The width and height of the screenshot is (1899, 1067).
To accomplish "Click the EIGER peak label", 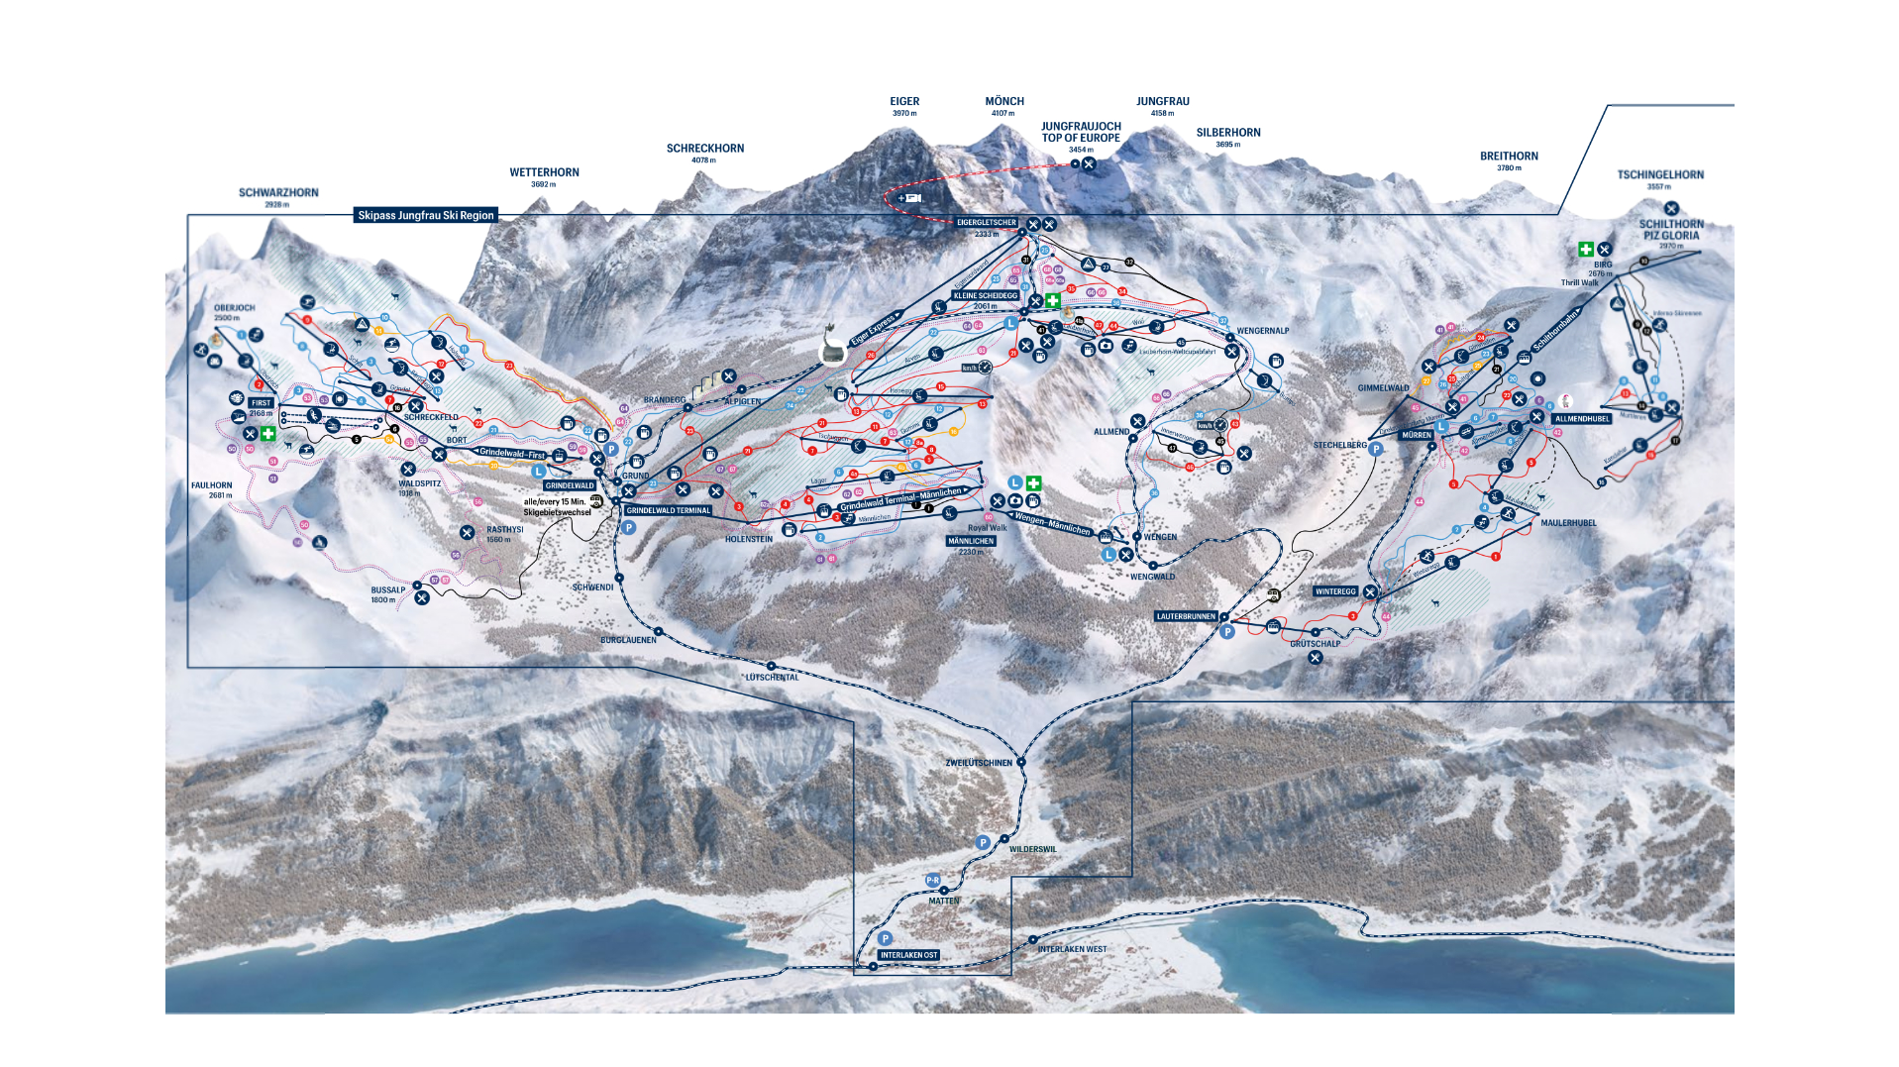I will coord(904,102).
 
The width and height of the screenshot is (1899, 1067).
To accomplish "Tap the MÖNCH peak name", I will coord(1004,102).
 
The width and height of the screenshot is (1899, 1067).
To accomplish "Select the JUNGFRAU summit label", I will coord(1163,102).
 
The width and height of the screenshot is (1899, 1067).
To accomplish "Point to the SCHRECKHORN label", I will coord(704,149).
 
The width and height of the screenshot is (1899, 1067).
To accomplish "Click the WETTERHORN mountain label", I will coord(544,172).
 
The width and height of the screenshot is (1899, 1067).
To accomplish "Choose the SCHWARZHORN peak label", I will coord(278,193).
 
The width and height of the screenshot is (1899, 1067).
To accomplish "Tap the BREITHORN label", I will coord(1509,157).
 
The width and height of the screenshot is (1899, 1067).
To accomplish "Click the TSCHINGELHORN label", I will coord(1660,175).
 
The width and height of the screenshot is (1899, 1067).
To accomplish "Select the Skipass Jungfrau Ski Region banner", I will coord(425,215).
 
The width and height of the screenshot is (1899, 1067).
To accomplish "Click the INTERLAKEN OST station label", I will coord(908,955).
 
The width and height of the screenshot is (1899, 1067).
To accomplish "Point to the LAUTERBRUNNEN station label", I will coord(1186,616).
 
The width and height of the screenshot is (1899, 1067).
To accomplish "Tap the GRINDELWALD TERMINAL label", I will coord(669,510).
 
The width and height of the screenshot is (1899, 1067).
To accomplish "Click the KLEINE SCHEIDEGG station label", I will coord(985,295).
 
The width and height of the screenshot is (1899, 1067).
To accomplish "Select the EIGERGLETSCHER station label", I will coord(987,223).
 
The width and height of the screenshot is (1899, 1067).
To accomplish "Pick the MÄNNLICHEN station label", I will coord(971,541).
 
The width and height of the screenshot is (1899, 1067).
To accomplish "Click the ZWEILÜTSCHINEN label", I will coord(979,763).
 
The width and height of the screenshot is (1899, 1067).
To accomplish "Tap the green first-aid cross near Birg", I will coord(1585,250).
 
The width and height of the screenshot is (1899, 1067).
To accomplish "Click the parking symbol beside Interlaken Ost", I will coord(885,938).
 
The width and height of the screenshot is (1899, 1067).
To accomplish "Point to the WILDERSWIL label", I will coord(1033,849).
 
